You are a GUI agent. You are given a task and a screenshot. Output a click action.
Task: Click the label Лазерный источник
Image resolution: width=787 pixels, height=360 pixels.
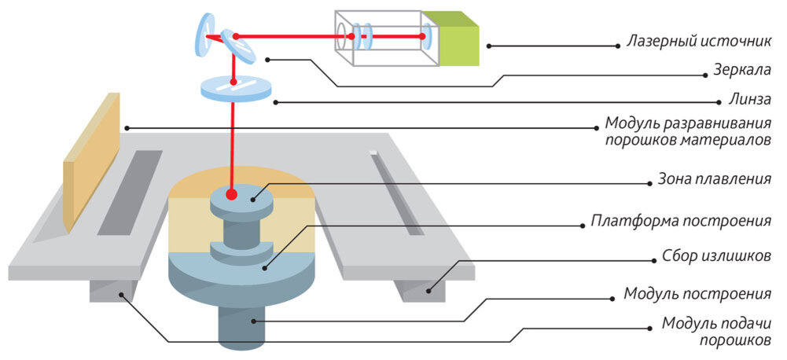click(x=698, y=42)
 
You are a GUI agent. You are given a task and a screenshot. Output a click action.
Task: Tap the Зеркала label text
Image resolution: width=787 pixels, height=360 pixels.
click(x=742, y=71)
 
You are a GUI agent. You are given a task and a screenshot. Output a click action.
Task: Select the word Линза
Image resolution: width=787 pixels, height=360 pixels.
click(x=749, y=99)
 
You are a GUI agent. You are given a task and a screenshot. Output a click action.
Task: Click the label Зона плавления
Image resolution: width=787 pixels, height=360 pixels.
click(x=714, y=179)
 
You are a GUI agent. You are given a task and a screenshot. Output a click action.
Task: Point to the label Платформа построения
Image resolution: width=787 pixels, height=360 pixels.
click(x=681, y=221)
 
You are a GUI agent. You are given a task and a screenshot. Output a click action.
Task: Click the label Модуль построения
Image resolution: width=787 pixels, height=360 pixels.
click(x=697, y=293)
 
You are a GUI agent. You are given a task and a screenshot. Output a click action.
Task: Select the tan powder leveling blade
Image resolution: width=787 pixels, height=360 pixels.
click(x=91, y=162)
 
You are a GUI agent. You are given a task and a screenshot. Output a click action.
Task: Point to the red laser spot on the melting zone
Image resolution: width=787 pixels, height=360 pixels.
click(x=231, y=194)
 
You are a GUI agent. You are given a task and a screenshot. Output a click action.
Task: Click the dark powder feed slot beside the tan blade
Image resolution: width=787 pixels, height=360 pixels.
click(x=130, y=193)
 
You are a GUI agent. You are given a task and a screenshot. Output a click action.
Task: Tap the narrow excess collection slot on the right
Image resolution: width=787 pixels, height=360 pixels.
click(x=397, y=194)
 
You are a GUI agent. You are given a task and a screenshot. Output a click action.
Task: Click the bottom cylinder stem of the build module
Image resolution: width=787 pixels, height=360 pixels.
click(x=242, y=326)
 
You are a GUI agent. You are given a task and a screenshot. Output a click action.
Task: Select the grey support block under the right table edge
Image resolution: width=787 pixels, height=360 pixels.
click(x=422, y=290)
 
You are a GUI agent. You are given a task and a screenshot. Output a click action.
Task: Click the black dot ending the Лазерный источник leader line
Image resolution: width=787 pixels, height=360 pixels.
click(x=489, y=46)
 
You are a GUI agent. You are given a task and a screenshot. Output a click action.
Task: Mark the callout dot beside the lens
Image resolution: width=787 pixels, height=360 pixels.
click(x=275, y=102)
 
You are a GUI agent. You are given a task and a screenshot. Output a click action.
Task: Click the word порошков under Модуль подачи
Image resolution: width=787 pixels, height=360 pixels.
click(x=735, y=341)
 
